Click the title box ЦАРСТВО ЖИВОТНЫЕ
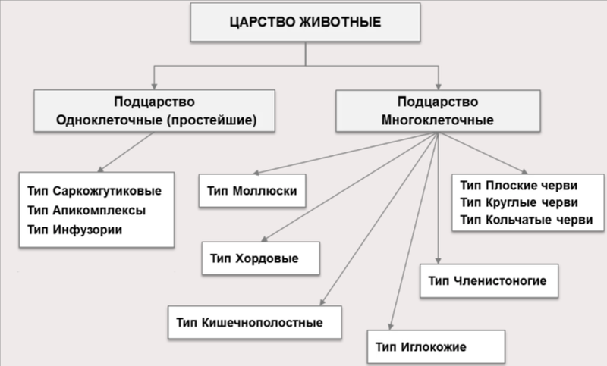(x=306, y=22)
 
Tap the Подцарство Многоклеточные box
(x=437, y=111)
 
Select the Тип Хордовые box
(x=260, y=258)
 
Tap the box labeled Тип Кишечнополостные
(x=253, y=322)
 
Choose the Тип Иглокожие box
(x=436, y=347)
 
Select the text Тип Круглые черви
(x=520, y=202)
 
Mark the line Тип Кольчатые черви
(x=527, y=221)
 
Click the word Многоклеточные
(x=437, y=120)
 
